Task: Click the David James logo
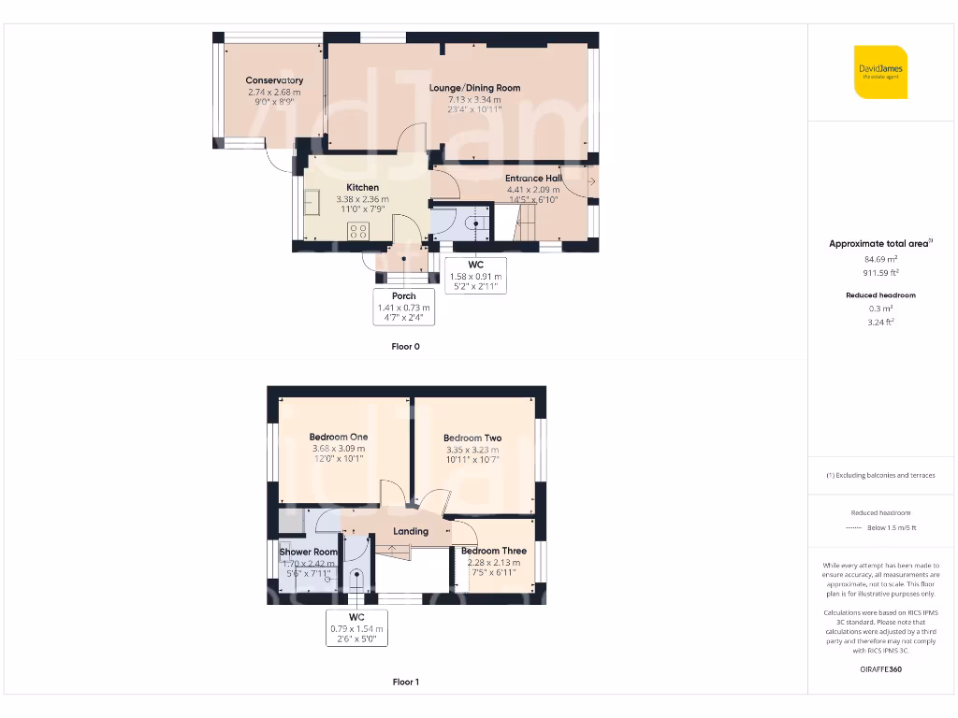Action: coord(880,72)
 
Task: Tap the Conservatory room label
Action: coord(274,80)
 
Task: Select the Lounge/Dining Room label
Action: coord(474,88)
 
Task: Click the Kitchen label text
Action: coord(362,188)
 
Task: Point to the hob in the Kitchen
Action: coord(357,231)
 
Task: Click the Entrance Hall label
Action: coord(533,178)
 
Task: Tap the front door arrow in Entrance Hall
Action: coord(590,179)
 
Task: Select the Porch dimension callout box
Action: coord(403,307)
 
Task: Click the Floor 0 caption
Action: coord(405,346)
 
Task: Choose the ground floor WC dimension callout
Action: coord(475,276)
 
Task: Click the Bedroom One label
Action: coord(339,437)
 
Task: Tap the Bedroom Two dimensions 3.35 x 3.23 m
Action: coord(472,450)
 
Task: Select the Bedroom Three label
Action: coord(493,551)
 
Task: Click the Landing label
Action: coord(410,531)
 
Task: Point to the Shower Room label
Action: coord(308,553)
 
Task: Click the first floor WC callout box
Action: coord(356,628)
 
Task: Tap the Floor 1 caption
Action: coord(405,682)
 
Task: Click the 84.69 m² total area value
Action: coord(879,259)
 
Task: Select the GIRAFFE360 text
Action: coord(879,669)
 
